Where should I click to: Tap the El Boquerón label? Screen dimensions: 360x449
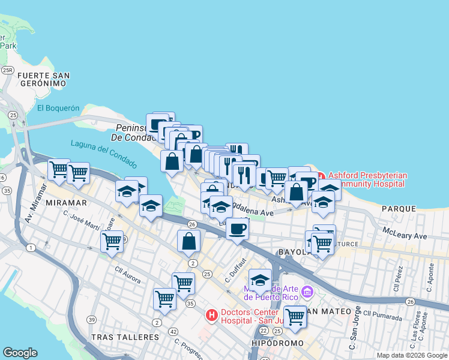(58, 108)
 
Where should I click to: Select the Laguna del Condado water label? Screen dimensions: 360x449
(103, 154)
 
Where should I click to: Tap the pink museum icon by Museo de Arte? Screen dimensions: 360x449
(307, 292)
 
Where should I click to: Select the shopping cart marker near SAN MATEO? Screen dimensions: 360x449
(294, 316)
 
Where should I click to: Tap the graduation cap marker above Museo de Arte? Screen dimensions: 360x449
(260, 280)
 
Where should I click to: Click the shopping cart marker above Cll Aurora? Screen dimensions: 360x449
(112, 241)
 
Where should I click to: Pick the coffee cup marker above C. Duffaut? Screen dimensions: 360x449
(238, 229)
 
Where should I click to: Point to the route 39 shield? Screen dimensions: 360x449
(91, 320)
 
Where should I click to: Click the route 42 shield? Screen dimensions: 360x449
(173, 331)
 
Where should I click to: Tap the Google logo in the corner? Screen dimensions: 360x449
(20, 353)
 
